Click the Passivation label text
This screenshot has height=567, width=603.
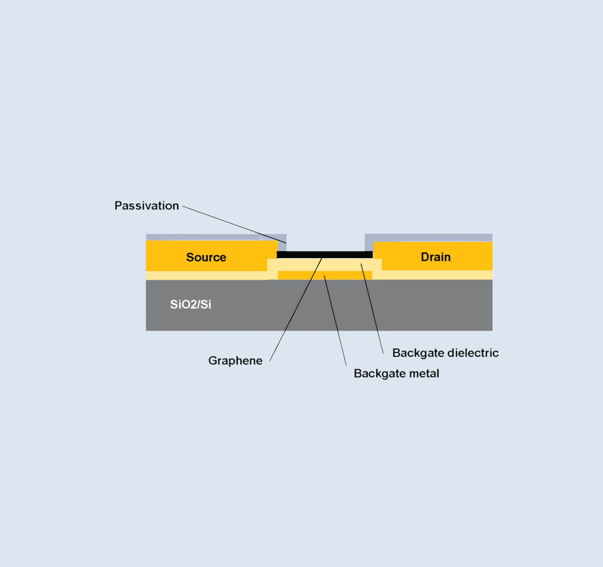147,205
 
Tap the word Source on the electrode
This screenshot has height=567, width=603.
206,257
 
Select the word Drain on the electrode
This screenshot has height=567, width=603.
435,257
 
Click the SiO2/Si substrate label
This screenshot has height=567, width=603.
190,304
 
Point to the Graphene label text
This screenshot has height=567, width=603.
235,361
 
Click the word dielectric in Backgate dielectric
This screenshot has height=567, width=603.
473,353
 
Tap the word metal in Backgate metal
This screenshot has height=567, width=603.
424,373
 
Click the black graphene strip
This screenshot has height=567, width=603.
301,255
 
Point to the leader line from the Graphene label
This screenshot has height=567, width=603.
292,316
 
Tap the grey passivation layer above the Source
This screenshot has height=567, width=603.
203,237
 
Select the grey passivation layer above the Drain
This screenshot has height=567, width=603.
429,237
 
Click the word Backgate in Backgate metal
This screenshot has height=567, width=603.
375,373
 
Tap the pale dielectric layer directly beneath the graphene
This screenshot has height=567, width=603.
339,265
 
